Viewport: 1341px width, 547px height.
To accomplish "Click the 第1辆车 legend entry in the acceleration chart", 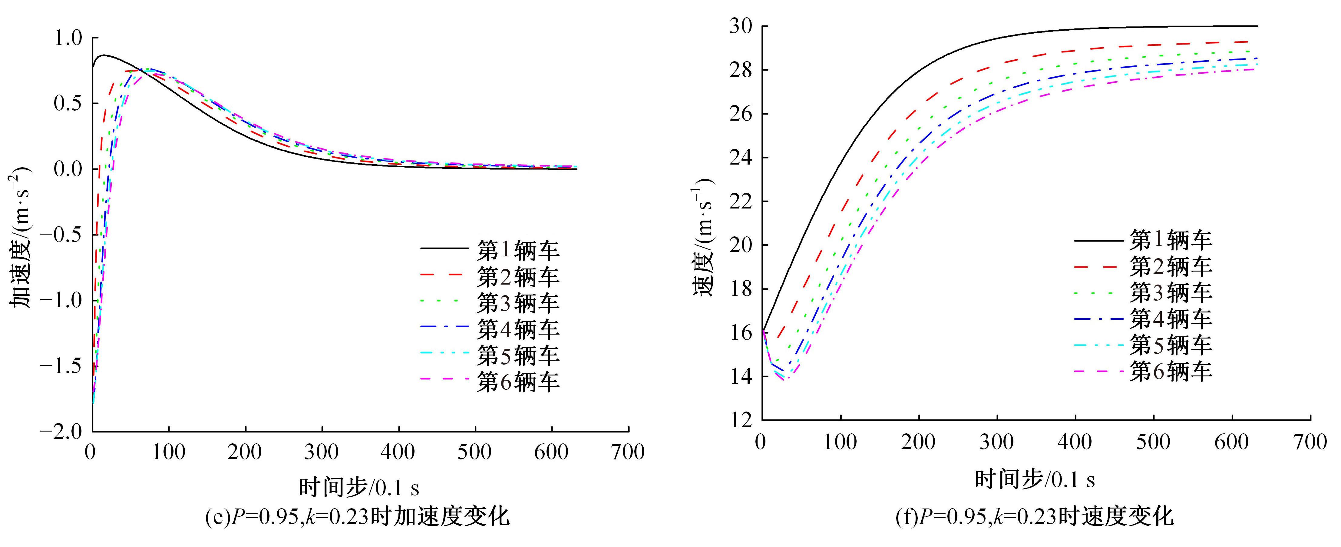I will click(x=518, y=251).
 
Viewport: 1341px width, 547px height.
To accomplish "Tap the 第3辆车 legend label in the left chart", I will click(x=518, y=303).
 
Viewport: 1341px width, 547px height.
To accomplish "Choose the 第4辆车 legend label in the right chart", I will click(x=1171, y=318).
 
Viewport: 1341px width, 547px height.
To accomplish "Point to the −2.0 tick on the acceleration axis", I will click(x=61, y=431).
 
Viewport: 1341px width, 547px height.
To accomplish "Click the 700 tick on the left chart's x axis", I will click(x=628, y=452).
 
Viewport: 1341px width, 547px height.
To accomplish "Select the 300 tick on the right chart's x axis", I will click(x=997, y=442).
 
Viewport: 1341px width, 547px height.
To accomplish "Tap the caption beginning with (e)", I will click(x=358, y=517).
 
